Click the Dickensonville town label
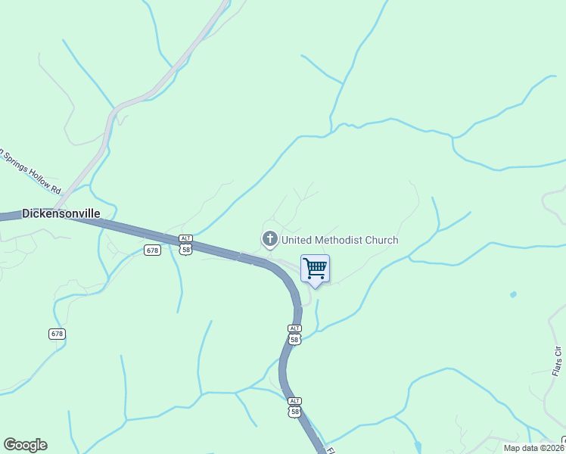[x=61, y=213]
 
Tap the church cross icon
[x=269, y=240]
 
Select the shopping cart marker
[x=315, y=269]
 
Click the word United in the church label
[x=298, y=241]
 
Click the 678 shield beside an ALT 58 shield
[x=153, y=250]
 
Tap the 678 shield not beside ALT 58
[x=58, y=334]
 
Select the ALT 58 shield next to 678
[x=185, y=244]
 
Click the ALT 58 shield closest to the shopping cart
[x=294, y=334]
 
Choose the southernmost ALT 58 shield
[x=294, y=407]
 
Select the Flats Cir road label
[x=558, y=360]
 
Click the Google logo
[x=26, y=445]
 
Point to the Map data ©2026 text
[x=534, y=448]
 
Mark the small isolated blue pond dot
[x=513, y=294]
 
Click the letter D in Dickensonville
[x=26, y=213]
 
